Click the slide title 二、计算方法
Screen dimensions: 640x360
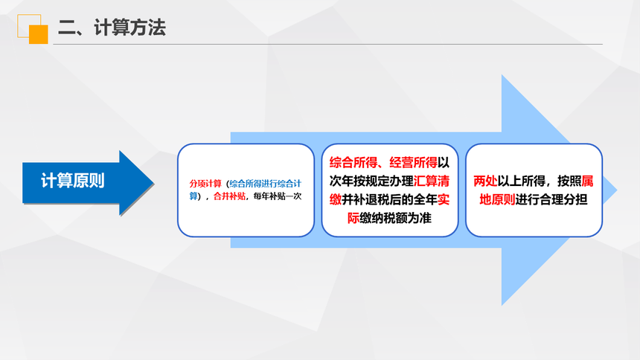point(112,28)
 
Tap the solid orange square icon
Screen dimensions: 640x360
point(39,34)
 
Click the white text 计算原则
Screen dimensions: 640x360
point(73,181)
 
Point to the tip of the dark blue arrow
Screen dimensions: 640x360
point(154,183)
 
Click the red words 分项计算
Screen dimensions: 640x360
point(205,184)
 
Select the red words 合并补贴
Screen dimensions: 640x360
point(229,196)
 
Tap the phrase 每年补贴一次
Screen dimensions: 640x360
point(278,196)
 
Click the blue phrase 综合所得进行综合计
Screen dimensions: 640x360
point(266,184)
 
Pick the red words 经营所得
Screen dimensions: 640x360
point(414,162)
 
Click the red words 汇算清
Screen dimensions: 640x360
point(432,181)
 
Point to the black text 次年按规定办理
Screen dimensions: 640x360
point(371,181)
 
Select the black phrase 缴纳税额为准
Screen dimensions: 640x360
point(395,218)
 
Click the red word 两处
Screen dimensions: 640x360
point(485,181)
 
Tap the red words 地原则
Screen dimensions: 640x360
point(497,199)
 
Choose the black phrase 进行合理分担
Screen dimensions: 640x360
point(551,199)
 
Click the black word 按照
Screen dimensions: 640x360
point(569,181)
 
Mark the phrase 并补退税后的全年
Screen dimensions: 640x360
point(389,199)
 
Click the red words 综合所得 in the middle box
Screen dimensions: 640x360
point(353,162)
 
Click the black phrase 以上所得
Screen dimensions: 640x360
point(521,181)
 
